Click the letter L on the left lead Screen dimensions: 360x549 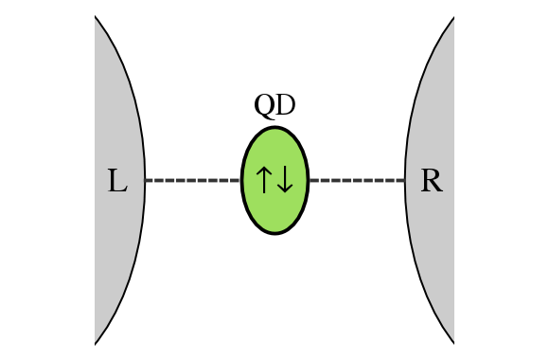(117, 180)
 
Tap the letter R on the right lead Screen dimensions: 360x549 (432, 180)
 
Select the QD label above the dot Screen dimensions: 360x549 (274, 106)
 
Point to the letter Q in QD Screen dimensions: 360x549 (264, 106)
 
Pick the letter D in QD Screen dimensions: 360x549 (285, 106)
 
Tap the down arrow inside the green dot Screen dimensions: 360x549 (286, 180)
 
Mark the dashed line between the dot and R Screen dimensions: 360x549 (357, 180)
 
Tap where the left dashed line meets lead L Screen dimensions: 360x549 (145, 180)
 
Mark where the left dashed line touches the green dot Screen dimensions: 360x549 (241, 180)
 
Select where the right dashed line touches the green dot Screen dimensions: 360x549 (309, 180)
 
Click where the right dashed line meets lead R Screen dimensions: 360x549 (405, 180)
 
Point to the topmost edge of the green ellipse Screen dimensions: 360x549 (274, 126)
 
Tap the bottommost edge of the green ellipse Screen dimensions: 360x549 (274, 234)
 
